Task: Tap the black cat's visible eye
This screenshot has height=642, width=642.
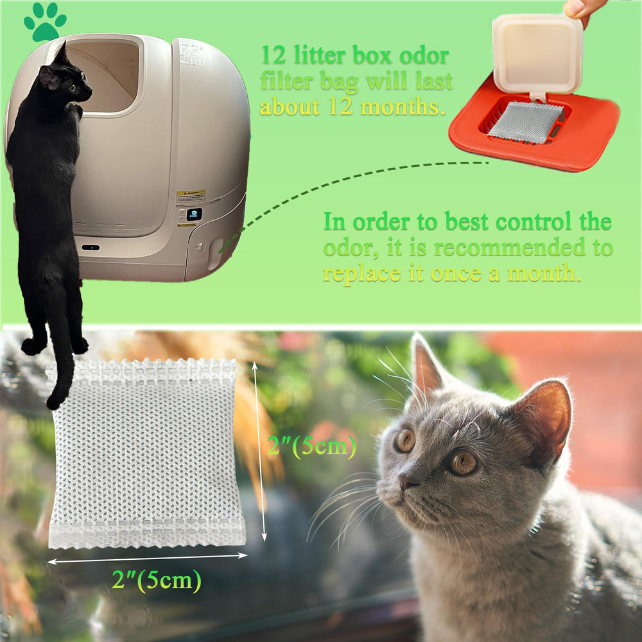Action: point(71,87)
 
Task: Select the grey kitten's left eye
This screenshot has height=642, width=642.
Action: point(404,440)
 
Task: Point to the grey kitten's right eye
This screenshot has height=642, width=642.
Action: point(462,462)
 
